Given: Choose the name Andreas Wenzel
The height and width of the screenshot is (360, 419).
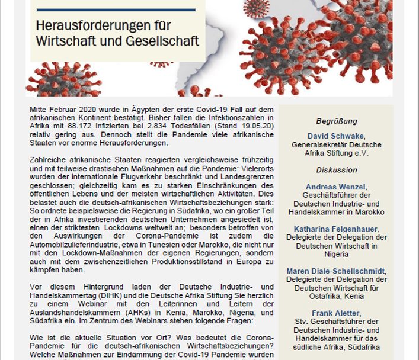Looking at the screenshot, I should (x=335, y=187).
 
